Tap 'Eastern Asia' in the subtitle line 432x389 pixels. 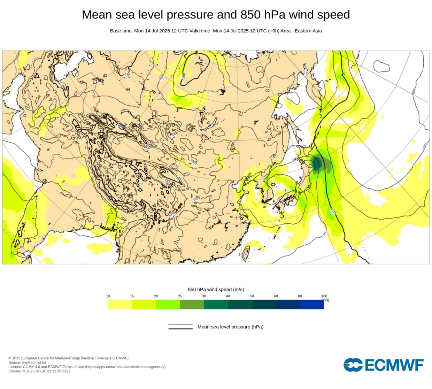(x=308, y=31)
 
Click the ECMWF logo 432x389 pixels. (x=383, y=365)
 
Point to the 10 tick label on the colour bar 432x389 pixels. (x=108, y=296)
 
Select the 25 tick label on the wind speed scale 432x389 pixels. (x=180, y=296)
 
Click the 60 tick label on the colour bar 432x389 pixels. (x=276, y=296)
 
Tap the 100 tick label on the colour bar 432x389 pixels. (x=324, y=296)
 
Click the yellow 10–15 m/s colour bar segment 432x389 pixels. (x=120, y=305)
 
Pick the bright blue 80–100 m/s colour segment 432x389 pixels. (x=312, y=305)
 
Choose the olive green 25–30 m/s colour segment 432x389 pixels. (x=192, y=305)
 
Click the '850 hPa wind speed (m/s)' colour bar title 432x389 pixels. (x=216, y=289)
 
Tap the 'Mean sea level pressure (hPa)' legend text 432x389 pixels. (x=230, y=327)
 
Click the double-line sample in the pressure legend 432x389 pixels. (x=180, y=327)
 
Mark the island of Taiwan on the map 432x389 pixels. (x=246, y=254)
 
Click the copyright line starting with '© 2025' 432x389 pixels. (x=68, y=358)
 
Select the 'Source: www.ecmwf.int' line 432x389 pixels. (x=27, y=363)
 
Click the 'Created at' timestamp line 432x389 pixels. (x=39, y=371)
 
